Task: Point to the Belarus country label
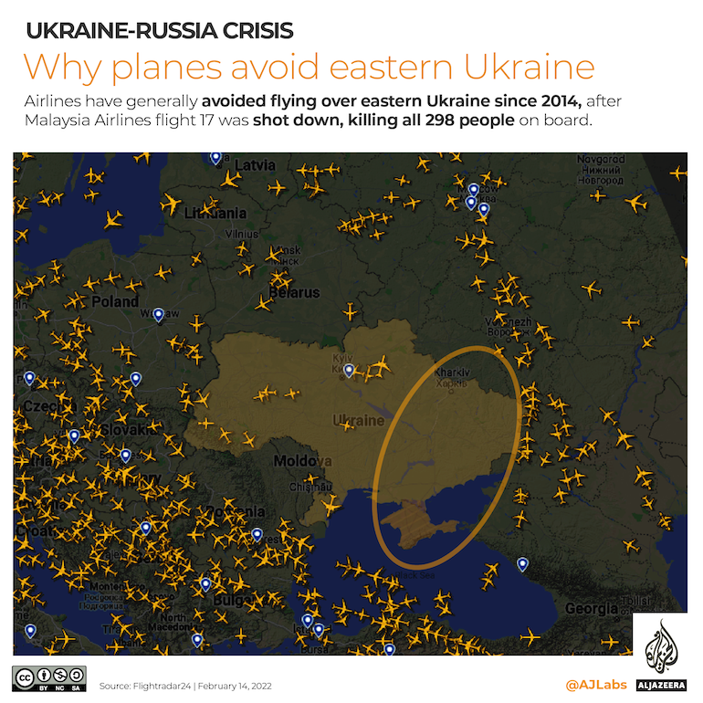(294, 293)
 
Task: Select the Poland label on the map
(115, 301)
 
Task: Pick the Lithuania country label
(215, 213)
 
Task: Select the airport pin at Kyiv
(349, 370)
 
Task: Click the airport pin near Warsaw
(158, 314)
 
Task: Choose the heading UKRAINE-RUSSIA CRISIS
(159, 30)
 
